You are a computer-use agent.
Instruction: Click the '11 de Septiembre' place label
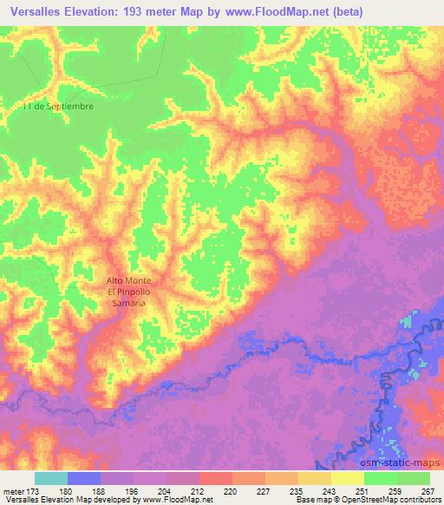click(x=58, y=106)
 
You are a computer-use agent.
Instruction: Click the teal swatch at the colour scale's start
click(x=51, y=478)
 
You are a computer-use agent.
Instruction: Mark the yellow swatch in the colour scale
click(x=348, y=478)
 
